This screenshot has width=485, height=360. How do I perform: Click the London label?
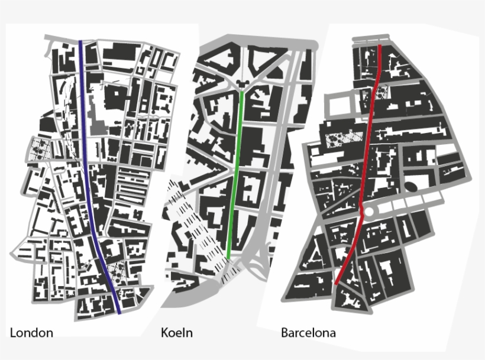(x=31, y=333)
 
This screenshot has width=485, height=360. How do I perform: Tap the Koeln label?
(x=177, y=333)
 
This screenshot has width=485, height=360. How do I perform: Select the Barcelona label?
(x=308, y=333)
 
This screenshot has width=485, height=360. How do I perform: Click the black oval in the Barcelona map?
(x=410, y=186)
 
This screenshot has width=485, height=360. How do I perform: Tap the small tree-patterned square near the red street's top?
(x=383, y=92)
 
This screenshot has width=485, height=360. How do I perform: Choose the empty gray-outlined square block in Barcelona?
(x=338, y=106)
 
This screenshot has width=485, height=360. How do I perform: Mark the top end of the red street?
(x=380, y=46)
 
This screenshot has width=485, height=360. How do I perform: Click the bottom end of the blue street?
(x=119, y=312)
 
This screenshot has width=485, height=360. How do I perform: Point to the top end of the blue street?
(x=81, y=43)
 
